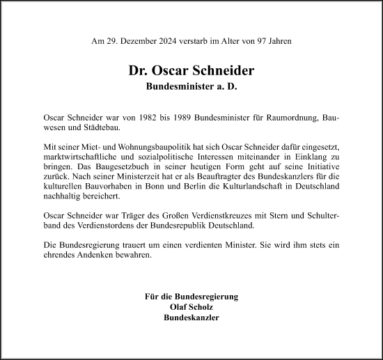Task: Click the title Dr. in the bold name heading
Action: pos(138,70)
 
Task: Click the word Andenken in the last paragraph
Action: pos(96,256)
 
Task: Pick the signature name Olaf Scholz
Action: pos(191,306)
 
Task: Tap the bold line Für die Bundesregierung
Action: pos(191,297)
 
